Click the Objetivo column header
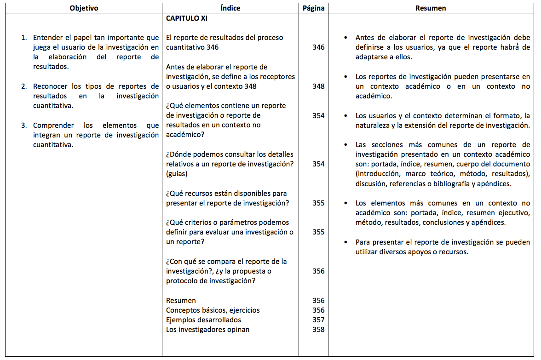click(84, 8)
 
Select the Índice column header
click(230, 8)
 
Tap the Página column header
click(313, 8)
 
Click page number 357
click(318, 320)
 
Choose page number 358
click(318, 329)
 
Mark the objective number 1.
click(23, 38)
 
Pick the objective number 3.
click(23, 125)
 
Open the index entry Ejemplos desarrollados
click(203, 320)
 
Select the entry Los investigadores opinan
click(207, 329)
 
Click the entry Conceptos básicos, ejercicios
click(213, 310)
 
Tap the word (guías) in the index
click(177, 174)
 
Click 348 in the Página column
click(318, 86)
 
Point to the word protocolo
click(181, 280)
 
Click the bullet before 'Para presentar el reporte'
click(345, 242)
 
